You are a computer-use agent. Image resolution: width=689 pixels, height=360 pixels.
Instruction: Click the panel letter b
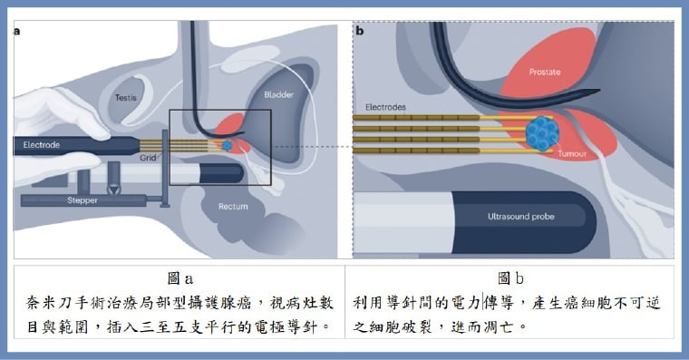[360, 31]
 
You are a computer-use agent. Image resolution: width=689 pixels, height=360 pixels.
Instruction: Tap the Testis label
[125, 96]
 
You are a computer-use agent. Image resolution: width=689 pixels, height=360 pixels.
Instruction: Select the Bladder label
[279, 94]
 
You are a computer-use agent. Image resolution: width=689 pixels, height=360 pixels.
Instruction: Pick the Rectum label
[233, 207]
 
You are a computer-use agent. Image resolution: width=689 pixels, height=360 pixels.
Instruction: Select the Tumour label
[576, 155]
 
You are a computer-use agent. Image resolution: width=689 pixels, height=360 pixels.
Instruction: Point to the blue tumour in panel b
[545, 135]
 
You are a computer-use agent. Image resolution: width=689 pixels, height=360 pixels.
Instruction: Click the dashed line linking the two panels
[308, 147]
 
